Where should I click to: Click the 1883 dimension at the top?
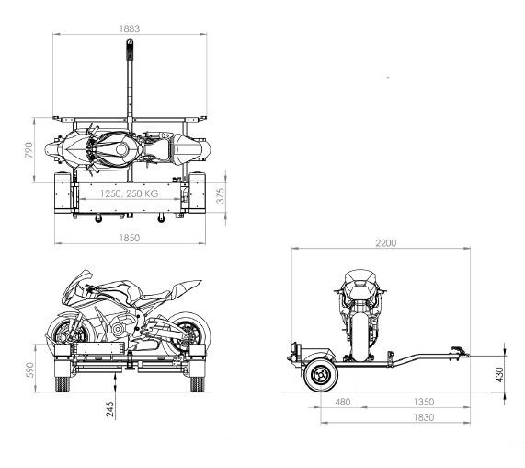coord(130,29)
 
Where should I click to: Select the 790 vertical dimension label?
coord(29,150)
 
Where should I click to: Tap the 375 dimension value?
coord(221,195)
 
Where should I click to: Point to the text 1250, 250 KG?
coord(130,193)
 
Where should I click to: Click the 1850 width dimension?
coord(130,238)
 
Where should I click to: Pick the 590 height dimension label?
coord(30,369)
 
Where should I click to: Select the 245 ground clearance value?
coord(110,410)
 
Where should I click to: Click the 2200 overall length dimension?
coord(386,243)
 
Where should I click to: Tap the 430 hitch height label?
coord(499,375)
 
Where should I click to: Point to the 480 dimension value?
coord(343,402)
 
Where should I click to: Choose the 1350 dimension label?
coord(424,402)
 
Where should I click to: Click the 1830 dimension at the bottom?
coord(424,417)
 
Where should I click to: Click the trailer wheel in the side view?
coord(320,375)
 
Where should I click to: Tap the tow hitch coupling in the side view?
coord(460,352)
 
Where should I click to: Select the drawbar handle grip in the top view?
coord(130,50)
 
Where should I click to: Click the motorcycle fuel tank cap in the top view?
coord(121,149)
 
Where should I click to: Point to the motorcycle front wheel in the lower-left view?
coord(67,333)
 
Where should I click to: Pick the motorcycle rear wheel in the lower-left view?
coord(188,333)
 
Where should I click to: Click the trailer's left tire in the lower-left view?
coord(62,384)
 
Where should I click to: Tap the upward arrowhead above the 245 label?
coord(115,378)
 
